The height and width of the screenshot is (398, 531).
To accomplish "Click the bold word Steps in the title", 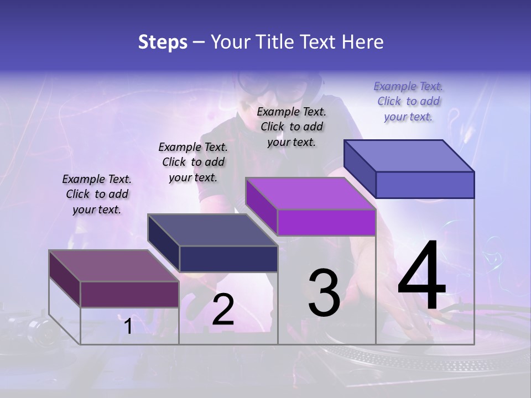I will point(163,42).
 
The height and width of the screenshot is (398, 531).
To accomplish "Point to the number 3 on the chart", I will point(324,293).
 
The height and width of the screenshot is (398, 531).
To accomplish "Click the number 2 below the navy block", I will point(223,310).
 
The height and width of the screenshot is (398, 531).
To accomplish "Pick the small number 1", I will point(128,327).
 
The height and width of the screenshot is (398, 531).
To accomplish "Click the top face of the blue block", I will point(409,155).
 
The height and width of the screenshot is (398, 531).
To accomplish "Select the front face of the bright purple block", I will point(326,222).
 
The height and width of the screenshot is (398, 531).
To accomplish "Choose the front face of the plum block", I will point(129,294).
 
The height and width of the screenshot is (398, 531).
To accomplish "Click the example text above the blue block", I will point(408,101).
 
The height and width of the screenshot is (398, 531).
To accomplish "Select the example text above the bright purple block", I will point(291,127).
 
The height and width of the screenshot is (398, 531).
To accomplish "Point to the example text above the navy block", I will point(193,162).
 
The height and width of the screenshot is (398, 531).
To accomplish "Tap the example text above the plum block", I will point(97,194).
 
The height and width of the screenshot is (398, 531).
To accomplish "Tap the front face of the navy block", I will point(228,259).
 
